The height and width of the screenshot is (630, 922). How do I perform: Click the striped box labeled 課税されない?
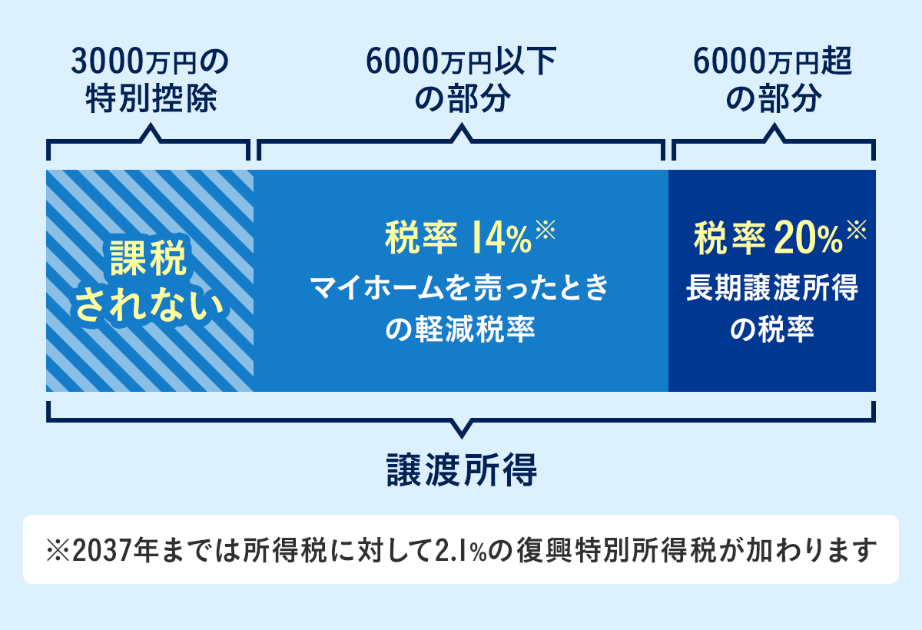point(150,280)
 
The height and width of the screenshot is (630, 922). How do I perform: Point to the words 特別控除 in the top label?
point(150,101)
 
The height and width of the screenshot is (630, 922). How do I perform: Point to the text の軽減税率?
point(460,330)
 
